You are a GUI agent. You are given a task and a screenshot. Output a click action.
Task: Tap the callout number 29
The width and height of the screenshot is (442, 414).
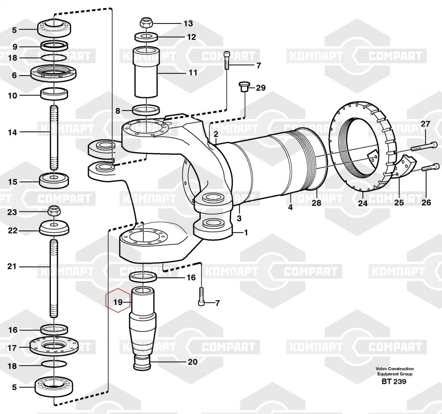coord(260,88)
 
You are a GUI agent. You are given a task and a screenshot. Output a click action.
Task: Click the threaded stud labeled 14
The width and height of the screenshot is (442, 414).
coord(54,138)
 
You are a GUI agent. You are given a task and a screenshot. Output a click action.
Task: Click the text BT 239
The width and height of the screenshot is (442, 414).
coord(394,382)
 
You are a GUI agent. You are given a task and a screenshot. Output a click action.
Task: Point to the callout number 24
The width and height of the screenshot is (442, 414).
coord(362,203)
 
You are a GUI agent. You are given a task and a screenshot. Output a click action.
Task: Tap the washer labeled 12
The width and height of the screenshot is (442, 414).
coord(146,37)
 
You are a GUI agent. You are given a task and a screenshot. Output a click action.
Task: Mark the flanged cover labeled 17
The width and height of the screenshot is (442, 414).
coord(54,345)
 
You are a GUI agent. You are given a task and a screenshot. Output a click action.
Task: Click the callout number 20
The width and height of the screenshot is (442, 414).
coord(193,362)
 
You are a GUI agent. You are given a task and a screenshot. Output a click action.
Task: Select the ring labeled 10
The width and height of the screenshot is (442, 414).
coord(54,94)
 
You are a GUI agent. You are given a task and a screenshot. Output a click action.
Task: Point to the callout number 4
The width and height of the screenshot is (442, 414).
coord(290,207)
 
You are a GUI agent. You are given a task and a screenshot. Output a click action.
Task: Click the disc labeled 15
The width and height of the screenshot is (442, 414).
coord(54,180)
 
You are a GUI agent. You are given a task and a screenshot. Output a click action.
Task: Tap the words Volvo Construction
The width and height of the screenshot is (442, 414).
coord(394,368)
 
